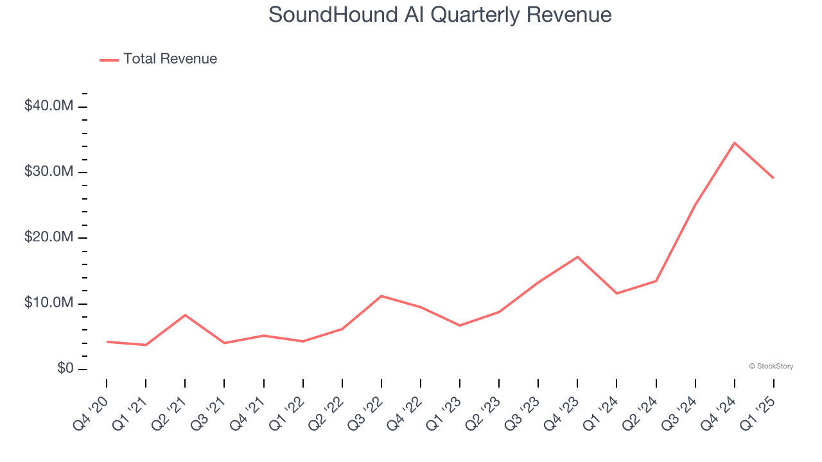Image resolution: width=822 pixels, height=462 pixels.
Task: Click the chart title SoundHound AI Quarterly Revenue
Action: coord(439,14)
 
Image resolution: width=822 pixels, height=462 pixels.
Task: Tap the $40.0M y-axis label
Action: coord(49,106)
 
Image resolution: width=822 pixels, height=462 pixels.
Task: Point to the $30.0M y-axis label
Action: coord(49,172)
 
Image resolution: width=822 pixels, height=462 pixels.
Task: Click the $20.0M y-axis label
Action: coord(49,238)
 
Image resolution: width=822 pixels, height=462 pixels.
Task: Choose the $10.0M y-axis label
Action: coord(49,304)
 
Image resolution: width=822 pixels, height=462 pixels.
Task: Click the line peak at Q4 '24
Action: coord(734,142)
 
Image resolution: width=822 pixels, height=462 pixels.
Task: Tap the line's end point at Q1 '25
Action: coord(773,178)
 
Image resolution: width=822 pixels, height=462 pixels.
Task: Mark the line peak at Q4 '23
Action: coord(577,257)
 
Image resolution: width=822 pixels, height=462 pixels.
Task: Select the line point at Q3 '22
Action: coord(381,296)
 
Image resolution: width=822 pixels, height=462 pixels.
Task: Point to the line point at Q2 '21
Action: coord(185,315)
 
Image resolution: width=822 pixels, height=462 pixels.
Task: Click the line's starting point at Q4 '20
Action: coord(107,342)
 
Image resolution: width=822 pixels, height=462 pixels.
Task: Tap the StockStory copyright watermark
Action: coord(771,366)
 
